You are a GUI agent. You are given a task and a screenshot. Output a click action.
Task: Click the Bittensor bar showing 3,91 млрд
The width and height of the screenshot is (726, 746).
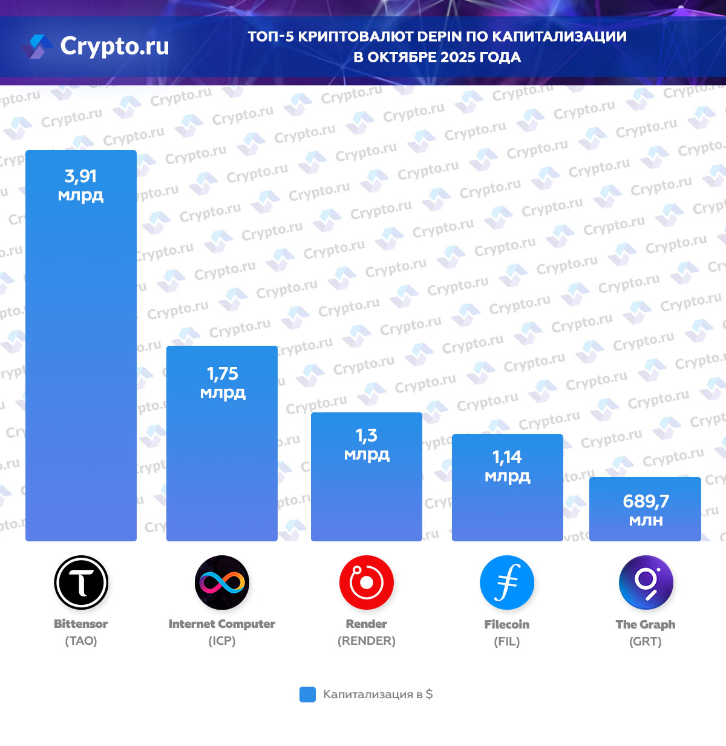81,363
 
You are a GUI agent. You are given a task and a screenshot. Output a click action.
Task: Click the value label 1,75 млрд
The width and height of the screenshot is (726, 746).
223,382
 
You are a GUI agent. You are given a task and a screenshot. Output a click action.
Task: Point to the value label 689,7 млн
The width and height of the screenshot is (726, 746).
646,510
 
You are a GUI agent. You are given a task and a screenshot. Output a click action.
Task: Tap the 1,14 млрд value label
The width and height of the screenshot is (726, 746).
507,466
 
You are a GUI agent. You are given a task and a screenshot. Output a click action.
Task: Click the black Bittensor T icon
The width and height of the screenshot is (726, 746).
81,583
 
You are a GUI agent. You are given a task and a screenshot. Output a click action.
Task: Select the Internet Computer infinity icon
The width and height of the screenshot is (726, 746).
222,583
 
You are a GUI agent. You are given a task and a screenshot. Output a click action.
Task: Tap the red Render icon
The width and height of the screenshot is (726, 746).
367,583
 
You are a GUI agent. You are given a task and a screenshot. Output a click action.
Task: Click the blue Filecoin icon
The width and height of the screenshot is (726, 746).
507,583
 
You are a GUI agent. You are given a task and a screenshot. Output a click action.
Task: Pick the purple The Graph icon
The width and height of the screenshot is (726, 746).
646,583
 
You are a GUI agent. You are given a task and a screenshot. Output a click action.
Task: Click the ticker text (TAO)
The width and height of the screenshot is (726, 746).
81,641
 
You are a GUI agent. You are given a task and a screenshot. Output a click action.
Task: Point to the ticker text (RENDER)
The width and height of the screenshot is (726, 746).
367,641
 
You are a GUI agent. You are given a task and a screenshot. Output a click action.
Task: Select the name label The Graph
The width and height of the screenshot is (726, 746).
646,624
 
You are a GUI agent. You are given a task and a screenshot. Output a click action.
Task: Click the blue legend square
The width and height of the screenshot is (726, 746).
307,695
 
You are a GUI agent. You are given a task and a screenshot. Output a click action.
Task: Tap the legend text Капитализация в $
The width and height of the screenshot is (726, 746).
378,695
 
